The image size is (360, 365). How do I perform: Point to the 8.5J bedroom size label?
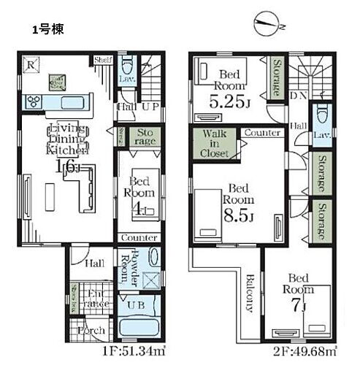(x=237, y=215)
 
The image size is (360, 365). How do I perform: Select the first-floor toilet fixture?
(x=126, y=64)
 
